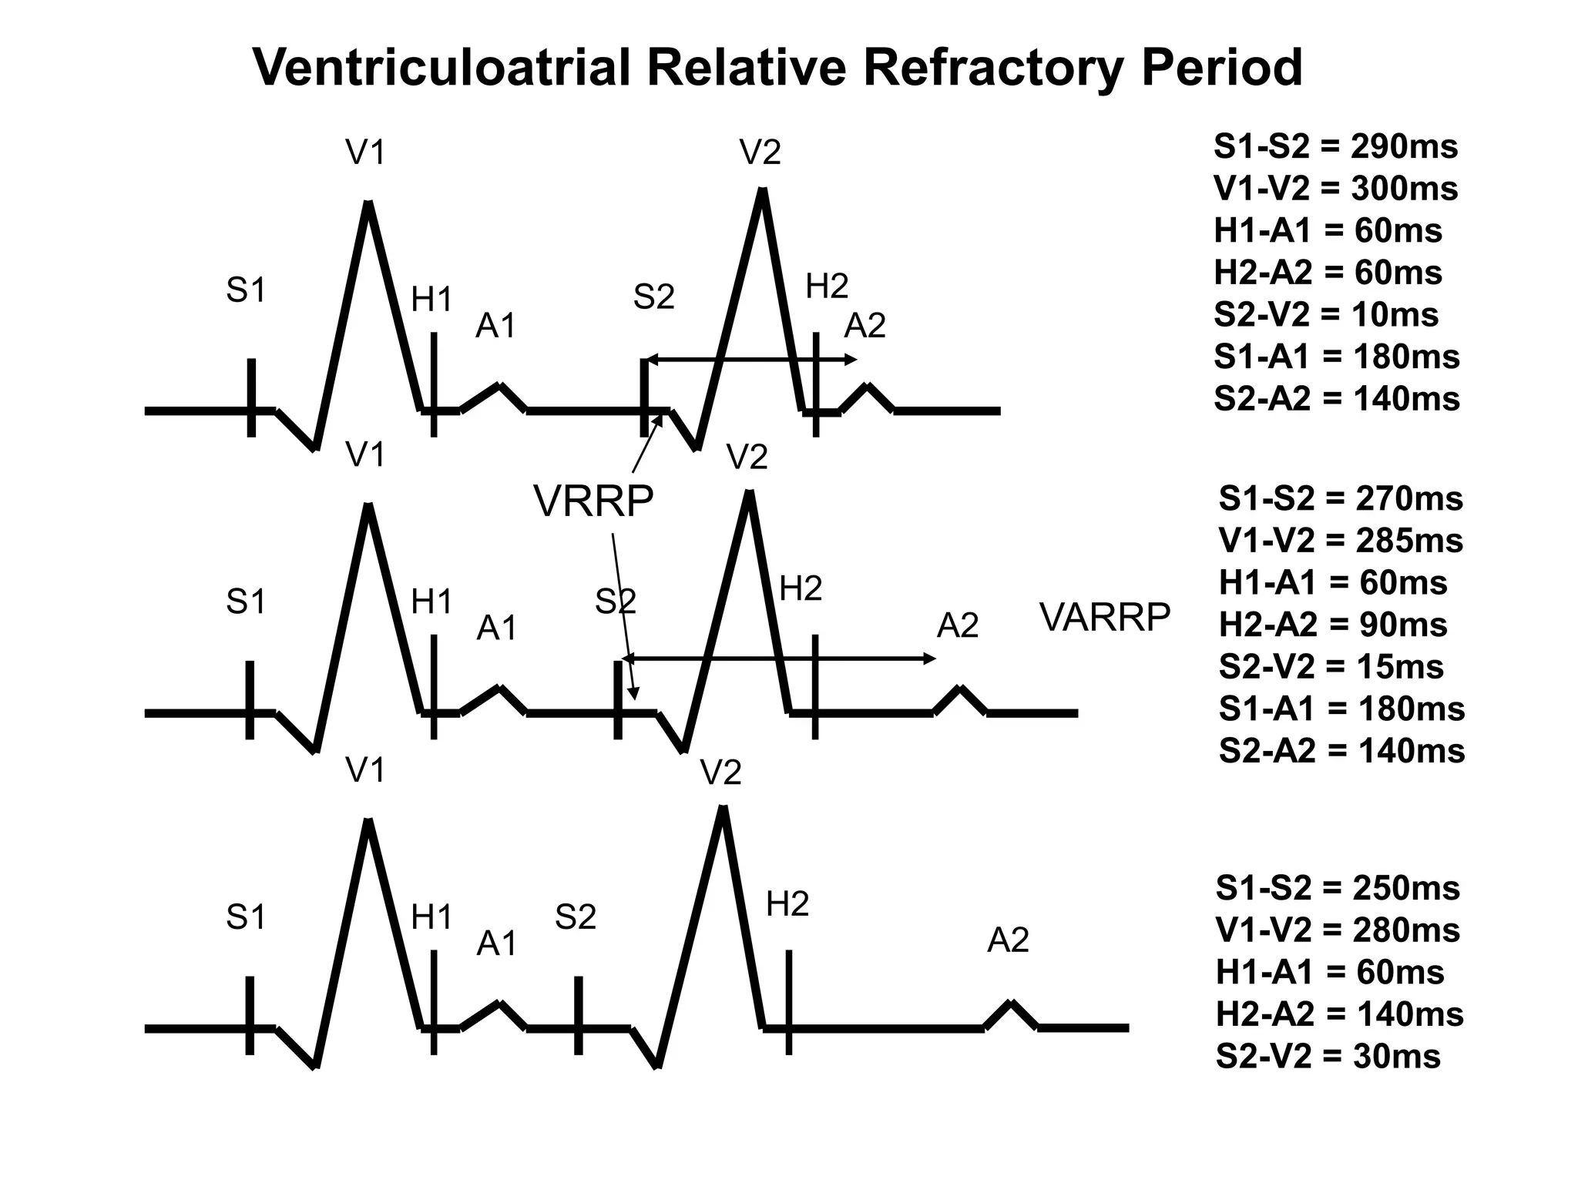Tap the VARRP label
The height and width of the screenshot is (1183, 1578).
[x=1105, y=617]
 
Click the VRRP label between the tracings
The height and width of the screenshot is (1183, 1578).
[x=593, y=501]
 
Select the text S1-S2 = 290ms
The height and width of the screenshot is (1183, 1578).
[x=1335, y=146]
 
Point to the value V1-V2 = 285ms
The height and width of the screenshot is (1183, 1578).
[x=1340, y=541]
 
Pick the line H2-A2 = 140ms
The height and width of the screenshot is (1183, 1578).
[x=1339, y=1014]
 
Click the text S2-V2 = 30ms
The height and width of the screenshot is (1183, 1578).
[x=1328, y=1056]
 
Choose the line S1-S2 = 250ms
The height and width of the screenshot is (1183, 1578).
[x=1338, y=888]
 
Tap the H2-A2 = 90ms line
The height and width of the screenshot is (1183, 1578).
[x=1332, y=625]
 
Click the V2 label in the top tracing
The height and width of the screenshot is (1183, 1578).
[x=760, y=153]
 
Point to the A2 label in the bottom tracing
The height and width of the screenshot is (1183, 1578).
[x=1008, y=940]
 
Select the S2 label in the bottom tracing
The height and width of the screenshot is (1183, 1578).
[x=576, y=917]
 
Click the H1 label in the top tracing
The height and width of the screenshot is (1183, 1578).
[x=431, y=300]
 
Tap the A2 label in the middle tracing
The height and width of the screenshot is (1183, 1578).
[x=958, y=626]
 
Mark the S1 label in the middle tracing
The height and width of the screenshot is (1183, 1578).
[x=246, y=602]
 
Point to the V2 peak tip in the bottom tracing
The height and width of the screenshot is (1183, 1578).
[x=723, y=809]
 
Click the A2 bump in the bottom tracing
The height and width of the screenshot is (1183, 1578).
[x=1011, y=1005]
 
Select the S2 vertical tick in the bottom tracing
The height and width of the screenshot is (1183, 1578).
[x=579, y=1014]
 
